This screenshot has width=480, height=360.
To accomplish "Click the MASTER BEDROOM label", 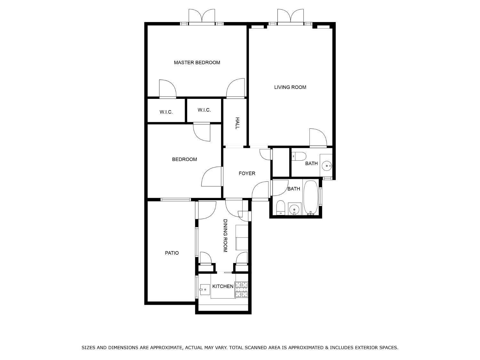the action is coord(197,62).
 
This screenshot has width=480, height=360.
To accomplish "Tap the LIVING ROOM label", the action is coord(290,87).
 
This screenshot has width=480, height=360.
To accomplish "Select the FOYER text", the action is coord(247,173).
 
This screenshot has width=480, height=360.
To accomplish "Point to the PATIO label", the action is coord(172,253).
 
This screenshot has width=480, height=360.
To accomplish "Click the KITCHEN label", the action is coord(223,286).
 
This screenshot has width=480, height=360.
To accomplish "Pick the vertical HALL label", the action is coord(237,123).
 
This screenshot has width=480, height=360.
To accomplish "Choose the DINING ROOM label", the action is coord(225,236).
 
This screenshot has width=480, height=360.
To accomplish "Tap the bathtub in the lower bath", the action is coord(311,197).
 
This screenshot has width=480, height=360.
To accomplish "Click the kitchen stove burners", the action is coord(241,290).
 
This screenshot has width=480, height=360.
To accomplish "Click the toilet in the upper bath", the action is coord(299,156).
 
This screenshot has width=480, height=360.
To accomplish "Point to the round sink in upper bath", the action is coord(327,166).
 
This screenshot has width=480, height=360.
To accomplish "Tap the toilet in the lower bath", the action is coord(280,208).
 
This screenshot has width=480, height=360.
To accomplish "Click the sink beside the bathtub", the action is coord(294,209).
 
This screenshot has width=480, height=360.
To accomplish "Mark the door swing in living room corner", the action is coord(318,137).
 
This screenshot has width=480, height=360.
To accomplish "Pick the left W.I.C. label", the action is coord(166,112).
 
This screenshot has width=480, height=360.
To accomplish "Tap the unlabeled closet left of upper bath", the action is coord(281,162).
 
